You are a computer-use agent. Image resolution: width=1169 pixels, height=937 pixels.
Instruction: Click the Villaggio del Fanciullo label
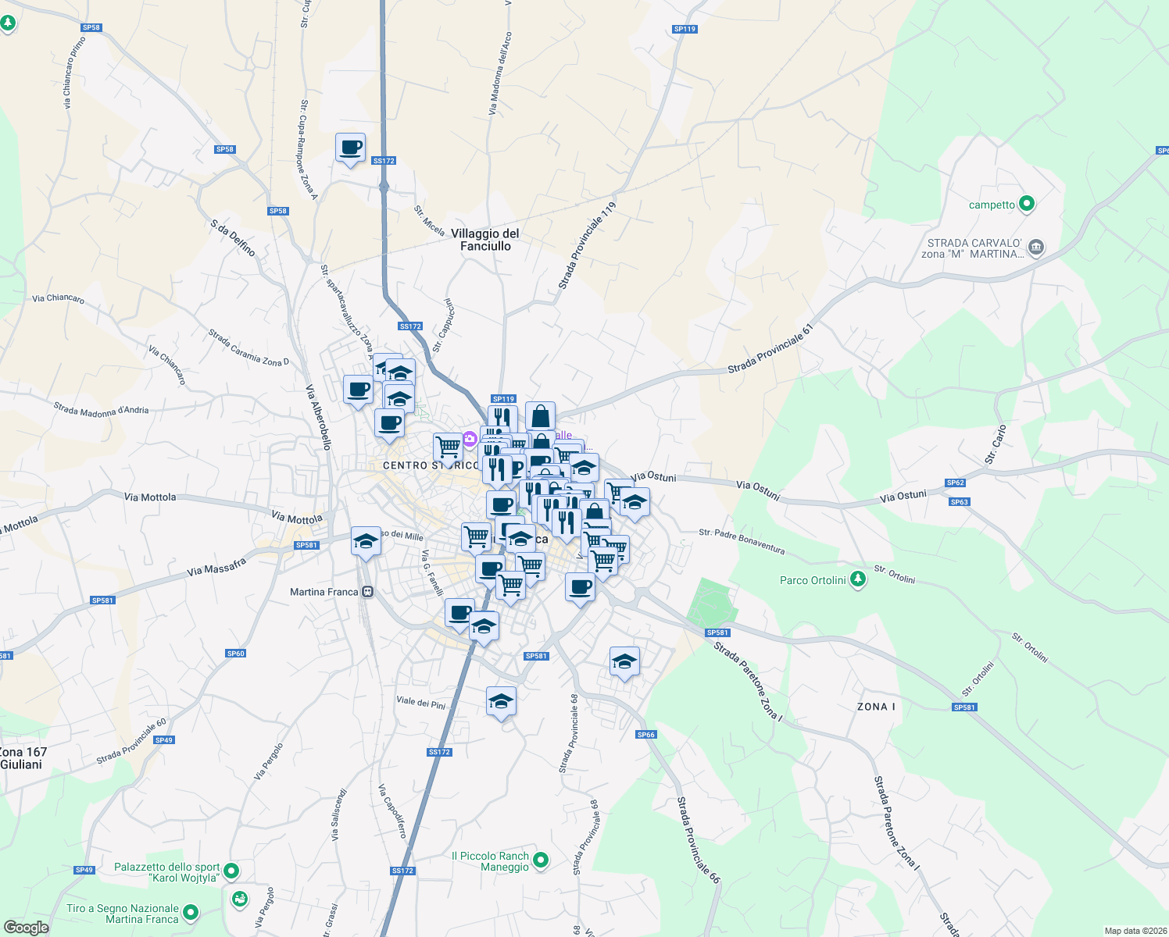[485, 240]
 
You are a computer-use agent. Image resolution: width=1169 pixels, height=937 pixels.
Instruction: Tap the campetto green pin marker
[1027, 205]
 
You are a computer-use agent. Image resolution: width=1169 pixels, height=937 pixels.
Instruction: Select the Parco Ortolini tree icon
[858, 580]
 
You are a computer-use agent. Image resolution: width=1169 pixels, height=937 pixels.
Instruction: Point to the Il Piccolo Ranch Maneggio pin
[539, 860]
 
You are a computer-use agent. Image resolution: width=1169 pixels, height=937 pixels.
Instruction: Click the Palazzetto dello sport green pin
[231, 871]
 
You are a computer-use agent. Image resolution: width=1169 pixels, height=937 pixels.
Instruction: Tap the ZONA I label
[876, 707]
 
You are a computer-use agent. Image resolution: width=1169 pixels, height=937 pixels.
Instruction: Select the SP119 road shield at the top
[684, 29]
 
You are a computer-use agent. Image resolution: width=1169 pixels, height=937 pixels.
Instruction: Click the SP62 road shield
[955, 483]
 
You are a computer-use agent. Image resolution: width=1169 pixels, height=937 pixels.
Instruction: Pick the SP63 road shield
[960, 502]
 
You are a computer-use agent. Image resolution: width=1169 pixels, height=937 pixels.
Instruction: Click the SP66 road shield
[645, 734]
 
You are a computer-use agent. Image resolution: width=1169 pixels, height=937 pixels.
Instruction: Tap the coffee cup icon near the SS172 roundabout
[351, 147]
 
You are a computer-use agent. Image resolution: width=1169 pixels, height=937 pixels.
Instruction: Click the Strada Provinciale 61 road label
[770, 349]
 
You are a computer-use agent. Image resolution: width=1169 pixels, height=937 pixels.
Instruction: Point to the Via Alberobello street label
[319, 417]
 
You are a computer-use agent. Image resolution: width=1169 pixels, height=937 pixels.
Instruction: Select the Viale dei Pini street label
[420, 703]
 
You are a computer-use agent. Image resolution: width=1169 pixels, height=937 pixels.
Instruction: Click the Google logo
[27, 928]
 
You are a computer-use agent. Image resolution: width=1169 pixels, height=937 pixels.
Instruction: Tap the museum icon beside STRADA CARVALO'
[1036, 248]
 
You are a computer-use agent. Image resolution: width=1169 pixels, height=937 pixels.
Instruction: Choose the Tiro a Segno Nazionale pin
[190, 912]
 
